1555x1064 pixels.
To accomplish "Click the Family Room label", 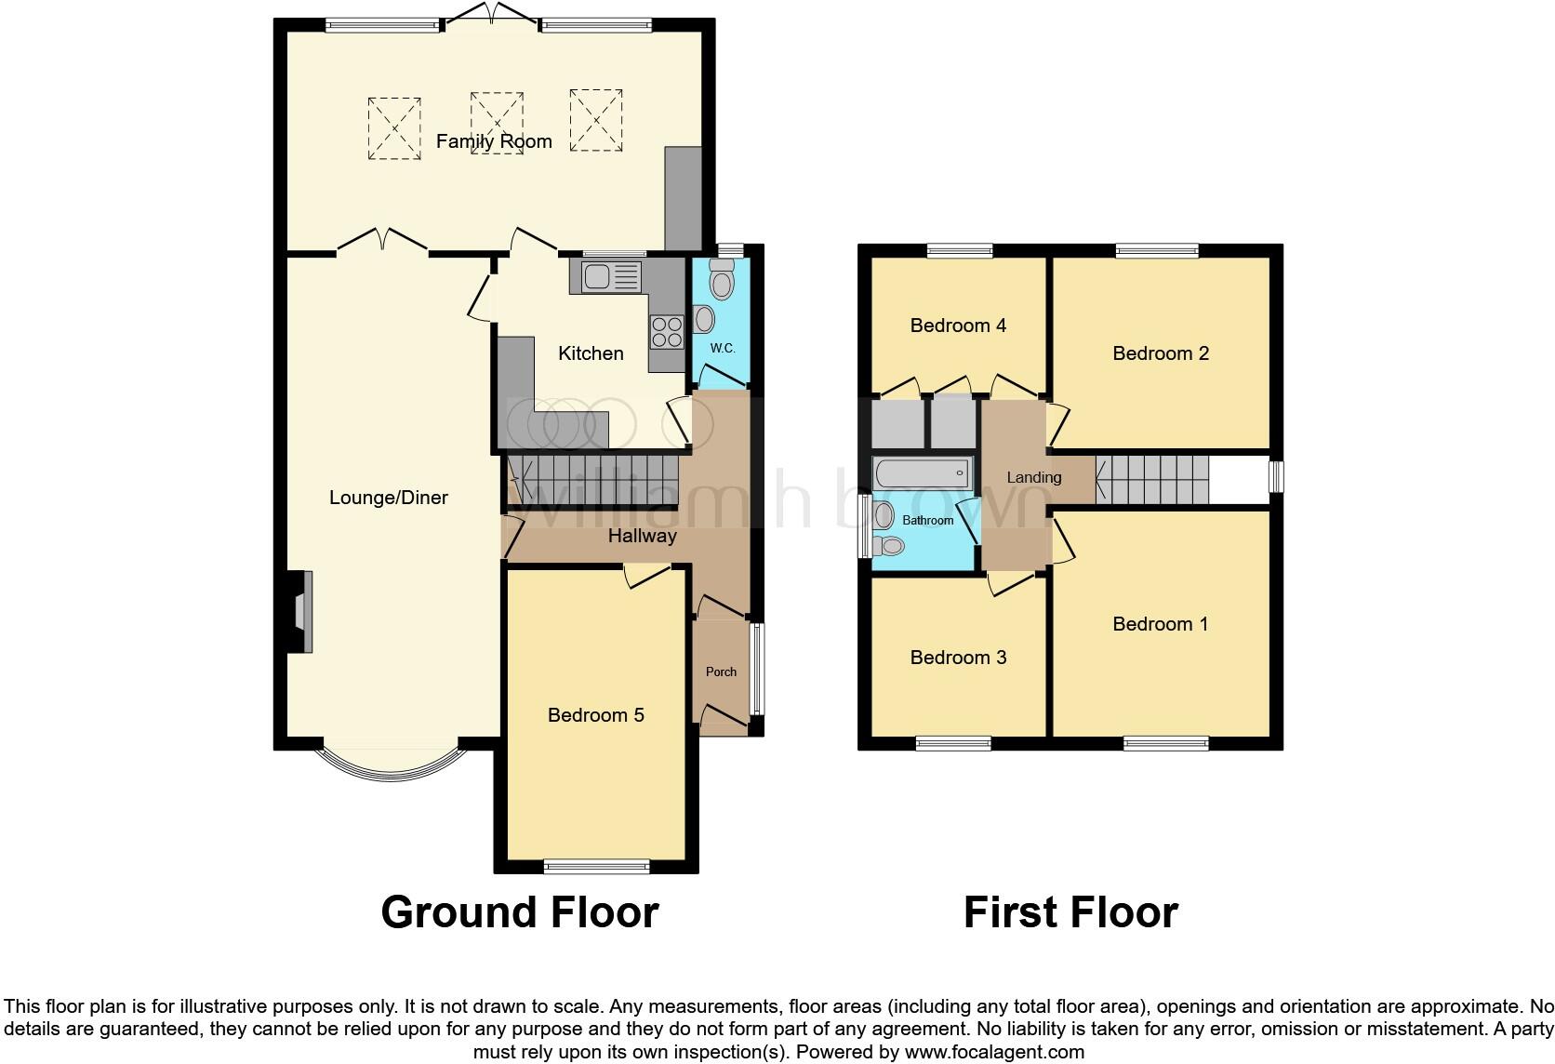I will click(494, 141).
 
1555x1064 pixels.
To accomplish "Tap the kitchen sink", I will click(611, 276).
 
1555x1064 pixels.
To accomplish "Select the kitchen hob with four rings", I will click(666, 331).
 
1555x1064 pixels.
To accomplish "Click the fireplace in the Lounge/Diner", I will click(300, 612).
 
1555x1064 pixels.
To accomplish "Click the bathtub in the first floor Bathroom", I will click(922, 473).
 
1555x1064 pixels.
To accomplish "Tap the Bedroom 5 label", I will click(595, 715).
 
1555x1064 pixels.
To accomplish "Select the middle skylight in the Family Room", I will click(496, 121).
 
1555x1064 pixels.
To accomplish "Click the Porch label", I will click(721, 672).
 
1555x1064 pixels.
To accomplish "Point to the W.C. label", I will click(723, 348).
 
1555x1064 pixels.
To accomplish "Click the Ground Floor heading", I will click(520, 912).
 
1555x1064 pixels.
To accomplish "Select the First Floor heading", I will click(1070, 912).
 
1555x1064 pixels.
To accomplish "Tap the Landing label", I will click(1033, 477).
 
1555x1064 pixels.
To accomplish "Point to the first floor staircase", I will click(1153, 479).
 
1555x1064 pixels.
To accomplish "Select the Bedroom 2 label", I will click(1161, 353).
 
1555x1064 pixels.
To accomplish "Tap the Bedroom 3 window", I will click(953, 743).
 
